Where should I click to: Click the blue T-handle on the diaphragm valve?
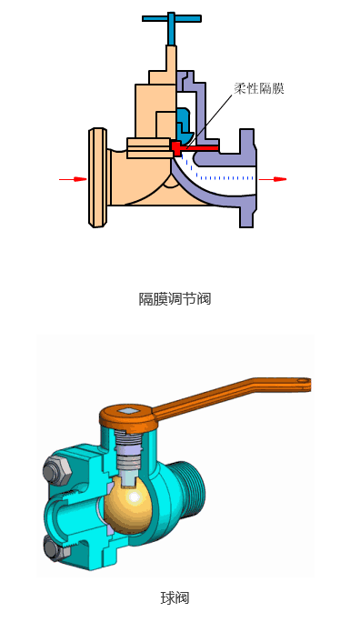pyautogui.click(x=170, y=18)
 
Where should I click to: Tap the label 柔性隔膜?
pyautogui.click(x=258, y=88)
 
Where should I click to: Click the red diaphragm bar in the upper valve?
pyautogui.click(x=195, y=146)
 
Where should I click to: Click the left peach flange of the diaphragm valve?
pyautogui.click(x=97, y=177)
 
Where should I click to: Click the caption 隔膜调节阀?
pyautogui.click(x=175, y=298)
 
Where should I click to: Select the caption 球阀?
pyautogui.click(x=175, y=597)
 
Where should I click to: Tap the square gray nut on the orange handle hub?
pyautogui.click(x=130, y=412)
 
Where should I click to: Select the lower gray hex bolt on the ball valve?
pyautogui.click(x=54, y=547)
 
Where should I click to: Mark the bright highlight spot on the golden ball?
pyautogui.click(x=135, y=498)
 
